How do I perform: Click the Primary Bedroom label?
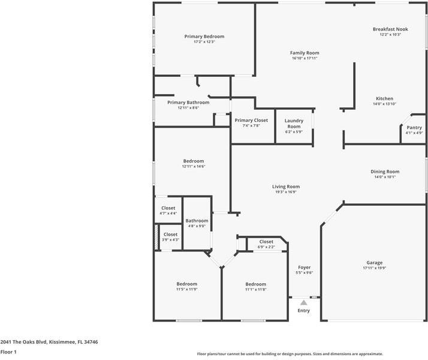click(204, 37)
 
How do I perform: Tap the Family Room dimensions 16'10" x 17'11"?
click(305, 59)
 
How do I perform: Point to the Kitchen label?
click(384, 98)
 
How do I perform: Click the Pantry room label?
click(414, 127)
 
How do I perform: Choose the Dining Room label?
click(385, 171)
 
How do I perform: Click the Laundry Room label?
click(294, 123)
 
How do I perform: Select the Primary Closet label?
click(251, 120)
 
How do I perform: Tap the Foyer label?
click(304, 267)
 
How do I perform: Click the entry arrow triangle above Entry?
click(304, 302)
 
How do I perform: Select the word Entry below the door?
click(304, 310)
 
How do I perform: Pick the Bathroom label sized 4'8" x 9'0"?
click(197, 221)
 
